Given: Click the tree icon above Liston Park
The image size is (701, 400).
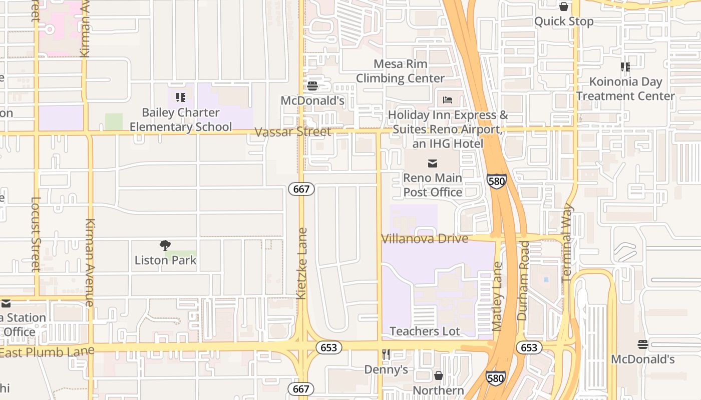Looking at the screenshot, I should click(165, 245).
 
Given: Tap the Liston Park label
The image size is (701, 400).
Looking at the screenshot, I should click(165, 260).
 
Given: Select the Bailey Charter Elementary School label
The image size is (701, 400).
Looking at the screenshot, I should click(181, 119).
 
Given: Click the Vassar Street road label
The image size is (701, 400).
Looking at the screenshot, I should click(292, 132).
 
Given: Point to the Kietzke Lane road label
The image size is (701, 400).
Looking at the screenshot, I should click(301, 263).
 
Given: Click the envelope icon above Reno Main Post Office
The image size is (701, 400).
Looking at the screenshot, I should click(433, 163).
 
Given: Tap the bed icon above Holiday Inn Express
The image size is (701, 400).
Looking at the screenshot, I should click(448, 100).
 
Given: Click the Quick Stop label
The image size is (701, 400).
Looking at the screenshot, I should click(564, 21).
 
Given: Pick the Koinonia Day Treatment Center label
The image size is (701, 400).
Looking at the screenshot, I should click(625, 88).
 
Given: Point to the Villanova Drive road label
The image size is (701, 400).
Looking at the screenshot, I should click(425, 238).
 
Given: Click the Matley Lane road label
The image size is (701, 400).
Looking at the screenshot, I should click(497, 296).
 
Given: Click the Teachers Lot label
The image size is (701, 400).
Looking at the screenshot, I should click(425, 331).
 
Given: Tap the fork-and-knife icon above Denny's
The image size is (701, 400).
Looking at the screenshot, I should click(386, 354).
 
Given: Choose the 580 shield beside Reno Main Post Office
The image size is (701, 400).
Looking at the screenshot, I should click(496, 181).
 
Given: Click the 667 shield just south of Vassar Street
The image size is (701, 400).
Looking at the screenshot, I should click(301, 189).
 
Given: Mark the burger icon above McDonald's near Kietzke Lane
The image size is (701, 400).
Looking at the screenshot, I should click(312, 86).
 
